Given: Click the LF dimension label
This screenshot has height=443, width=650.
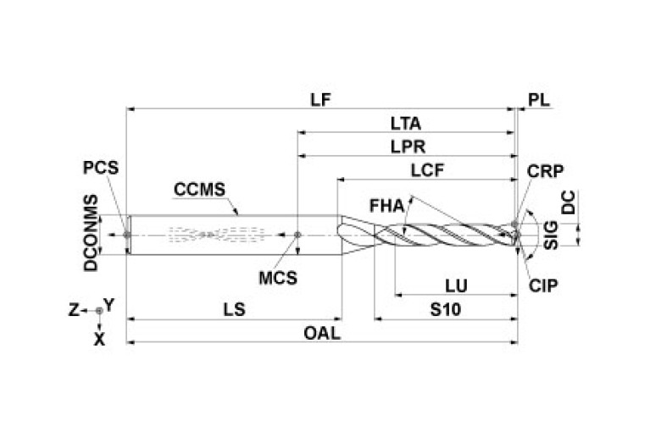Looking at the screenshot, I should click(320, 99).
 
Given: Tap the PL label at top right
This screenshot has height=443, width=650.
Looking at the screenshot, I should click(539, 99).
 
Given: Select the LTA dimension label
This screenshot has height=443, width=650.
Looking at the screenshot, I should click(406, 123).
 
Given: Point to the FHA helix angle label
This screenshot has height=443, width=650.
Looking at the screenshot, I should click(387, 206).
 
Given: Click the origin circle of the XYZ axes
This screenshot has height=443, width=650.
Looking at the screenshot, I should click(100, 311).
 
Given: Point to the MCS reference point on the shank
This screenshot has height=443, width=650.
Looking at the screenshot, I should click(297, 234).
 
